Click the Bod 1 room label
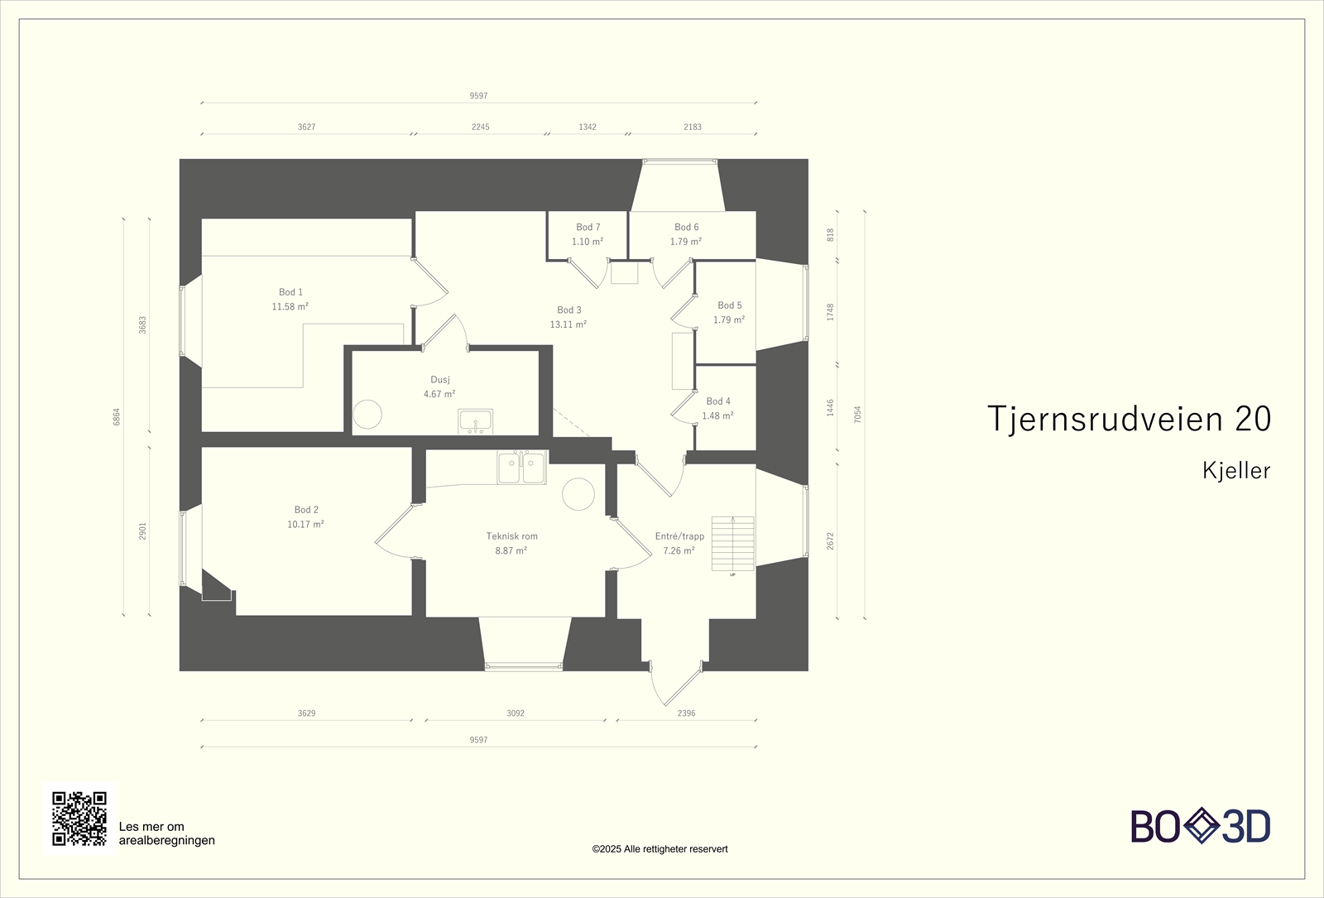(x=290, y=292)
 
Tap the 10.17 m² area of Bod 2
(x=305, y=525)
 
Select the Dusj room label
(x=440, y=380)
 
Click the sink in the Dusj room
(x=476, y=421)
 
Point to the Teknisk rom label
(x=511, y=536)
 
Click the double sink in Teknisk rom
(x=521, y=468)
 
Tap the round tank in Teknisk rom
(x=578, y=494)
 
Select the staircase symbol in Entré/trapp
(x=733, y=544)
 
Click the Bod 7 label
(x=588, y=228)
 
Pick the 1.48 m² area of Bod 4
(x=717, y=416)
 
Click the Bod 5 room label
(x=729, y=305)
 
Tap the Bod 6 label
(x=686, y=228)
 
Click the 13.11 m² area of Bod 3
(x=568, y=325)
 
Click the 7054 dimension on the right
(x=858, y=415)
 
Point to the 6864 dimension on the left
(x=117, y=416)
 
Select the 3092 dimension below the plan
(x=516, y=713)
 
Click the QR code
(x=79, y=819)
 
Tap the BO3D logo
(x=1200, y=826)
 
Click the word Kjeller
(x=1236, y=471)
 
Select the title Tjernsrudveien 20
(x=1129, y=420)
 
